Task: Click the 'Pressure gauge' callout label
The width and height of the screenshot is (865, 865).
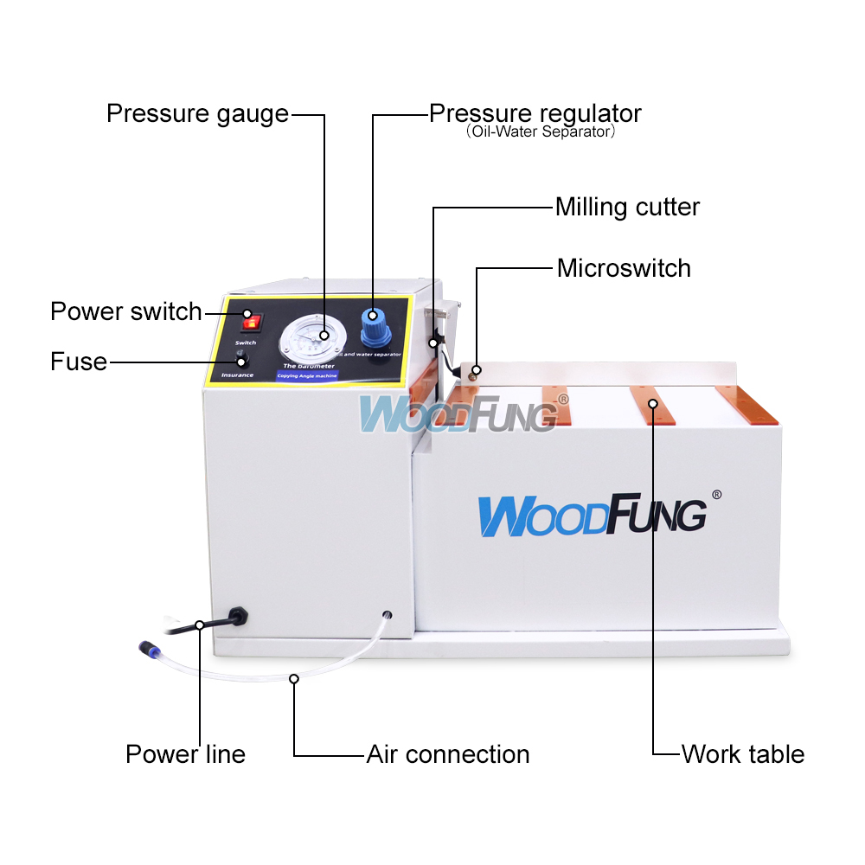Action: click(197, 113)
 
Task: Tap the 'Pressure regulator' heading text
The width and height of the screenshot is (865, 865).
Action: click(535, 113)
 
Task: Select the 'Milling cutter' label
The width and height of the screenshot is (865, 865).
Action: click(627, 208)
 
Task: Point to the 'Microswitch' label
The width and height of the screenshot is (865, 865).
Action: click(624, 268)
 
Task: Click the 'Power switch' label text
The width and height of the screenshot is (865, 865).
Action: click(125, 311)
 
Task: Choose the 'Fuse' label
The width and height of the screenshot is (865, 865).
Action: click(79, 362)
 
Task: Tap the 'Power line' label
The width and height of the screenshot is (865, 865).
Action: click(185, 754)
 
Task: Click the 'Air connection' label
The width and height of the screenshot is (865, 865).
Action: click(448, 754)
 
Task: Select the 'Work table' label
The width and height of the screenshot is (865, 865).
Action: click(742, 754)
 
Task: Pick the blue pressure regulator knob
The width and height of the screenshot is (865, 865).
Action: click(374, 326)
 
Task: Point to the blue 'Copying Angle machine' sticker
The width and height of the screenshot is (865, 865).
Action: click(307, 376)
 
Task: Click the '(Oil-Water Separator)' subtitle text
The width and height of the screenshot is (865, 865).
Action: click(540, 133)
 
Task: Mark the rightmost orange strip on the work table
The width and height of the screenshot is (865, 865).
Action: click(748, 403)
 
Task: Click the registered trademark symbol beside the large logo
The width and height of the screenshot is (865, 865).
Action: click(715, 495)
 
